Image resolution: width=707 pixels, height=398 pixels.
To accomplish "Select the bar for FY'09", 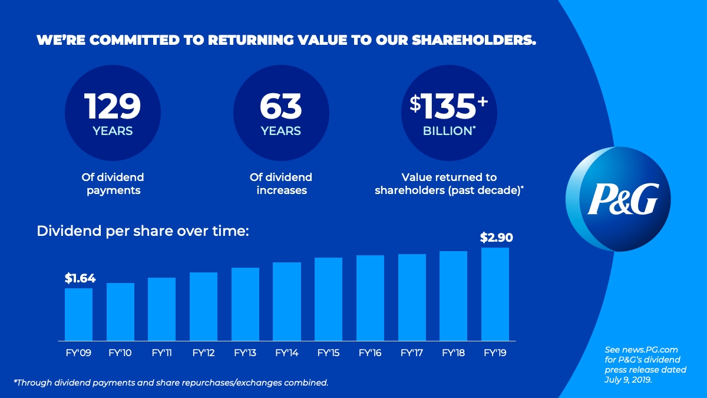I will click(x=78, y=314).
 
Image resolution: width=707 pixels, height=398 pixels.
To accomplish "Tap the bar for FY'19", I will click(x=495, y=294).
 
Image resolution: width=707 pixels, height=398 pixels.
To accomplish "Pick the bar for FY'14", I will click(x=287, y=301).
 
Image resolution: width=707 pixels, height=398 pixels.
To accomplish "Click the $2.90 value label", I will click(x=497, y=238).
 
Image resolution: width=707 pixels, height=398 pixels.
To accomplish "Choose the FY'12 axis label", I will click(x=203, y=353).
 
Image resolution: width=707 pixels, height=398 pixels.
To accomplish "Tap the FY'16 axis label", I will click(x=370, y=353).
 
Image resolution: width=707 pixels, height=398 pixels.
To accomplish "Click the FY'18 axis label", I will click(x=453, y=353).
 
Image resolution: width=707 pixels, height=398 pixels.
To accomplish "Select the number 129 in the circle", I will click(x=113, y=106).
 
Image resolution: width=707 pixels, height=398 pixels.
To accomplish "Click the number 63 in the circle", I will click(x=280, y=106).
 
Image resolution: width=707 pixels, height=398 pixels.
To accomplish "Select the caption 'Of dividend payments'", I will click(x=113, y=183).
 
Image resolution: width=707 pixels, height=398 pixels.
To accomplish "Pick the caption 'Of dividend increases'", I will click(x=280, y=183).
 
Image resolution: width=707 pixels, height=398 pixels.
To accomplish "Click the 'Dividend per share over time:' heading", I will click(x=143, y=231).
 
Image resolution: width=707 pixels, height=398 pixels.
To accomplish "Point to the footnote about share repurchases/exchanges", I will click(x=171, y=383).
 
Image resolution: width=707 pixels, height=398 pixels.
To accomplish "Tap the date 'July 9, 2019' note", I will click(x=629, y=380).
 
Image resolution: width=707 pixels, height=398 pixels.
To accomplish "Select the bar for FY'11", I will click(x=161, y=309).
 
